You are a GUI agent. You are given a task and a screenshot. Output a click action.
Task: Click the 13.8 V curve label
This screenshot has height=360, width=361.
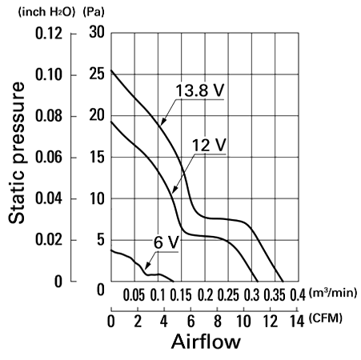click(x=200, y=90)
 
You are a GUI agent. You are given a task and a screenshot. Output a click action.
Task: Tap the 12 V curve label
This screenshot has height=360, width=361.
click(x=209, y=145)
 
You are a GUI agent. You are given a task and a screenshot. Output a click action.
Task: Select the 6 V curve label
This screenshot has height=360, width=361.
click(x=166, y=242)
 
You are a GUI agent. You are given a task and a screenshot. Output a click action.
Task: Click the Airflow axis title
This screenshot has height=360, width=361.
click(x=206, y=342)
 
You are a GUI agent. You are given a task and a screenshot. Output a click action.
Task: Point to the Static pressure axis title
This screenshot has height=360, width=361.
click(x=17, y=153)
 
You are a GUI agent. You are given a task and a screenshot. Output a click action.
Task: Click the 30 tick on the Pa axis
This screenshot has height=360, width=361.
click(x=97, y=32)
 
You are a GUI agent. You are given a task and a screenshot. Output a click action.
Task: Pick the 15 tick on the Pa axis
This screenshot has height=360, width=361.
click(x=97, y=157)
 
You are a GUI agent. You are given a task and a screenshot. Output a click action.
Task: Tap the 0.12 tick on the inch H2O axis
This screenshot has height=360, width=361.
click(x=49, y=34)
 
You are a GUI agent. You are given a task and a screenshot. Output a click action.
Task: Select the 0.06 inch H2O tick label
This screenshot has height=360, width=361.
click(x=49, y=157)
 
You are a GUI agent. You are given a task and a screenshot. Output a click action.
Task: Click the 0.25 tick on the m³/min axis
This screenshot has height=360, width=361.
click(x=228, y=295)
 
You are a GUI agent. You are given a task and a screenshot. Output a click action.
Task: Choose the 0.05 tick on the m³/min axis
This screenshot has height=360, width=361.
click(x=134, y=295)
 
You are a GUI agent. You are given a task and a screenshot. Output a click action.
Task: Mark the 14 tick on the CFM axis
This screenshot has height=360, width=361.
click(x=297, y=321)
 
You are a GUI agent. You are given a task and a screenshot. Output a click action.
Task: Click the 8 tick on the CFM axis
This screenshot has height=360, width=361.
click(x=218, y=321)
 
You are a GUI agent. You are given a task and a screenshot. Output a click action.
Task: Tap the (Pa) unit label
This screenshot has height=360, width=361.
click(x=94, y=12)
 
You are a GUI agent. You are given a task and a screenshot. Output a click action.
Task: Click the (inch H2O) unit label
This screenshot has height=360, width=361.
click(x=47, y=12)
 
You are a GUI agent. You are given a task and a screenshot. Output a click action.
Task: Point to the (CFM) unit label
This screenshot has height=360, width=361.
click(x=326, y=318)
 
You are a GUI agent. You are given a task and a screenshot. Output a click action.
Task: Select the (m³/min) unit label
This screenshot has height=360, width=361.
click(x=333, y=293)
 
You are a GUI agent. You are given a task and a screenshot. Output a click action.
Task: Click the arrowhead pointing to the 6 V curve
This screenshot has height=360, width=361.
click(x=147, y=266)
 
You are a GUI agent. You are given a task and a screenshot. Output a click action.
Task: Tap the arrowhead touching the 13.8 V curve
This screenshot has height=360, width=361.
click(x=162, y=122)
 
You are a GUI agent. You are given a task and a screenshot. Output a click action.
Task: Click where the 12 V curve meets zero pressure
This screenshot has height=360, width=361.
click(x=258, y=281)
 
